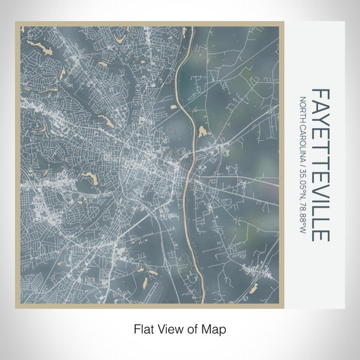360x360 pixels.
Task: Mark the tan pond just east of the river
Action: [203, 131]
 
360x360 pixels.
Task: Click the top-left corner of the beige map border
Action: [17, 23]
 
